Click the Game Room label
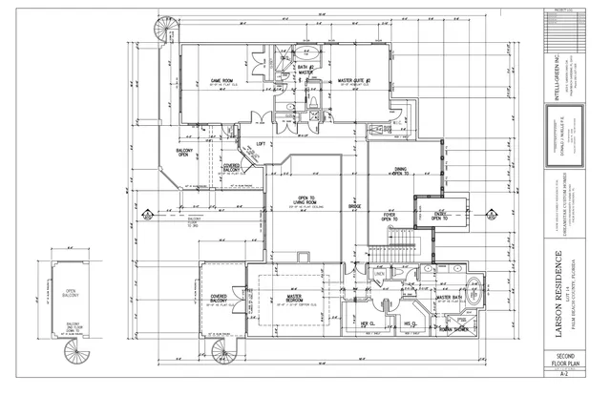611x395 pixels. (223, 80)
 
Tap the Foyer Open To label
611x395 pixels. (390, 218)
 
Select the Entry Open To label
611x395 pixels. (440, 216)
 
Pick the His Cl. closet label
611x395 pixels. (410, 324)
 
